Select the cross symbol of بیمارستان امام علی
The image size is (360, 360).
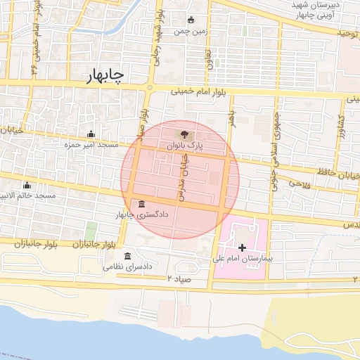coord(243,247)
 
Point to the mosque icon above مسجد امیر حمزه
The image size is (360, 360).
coord(90,134)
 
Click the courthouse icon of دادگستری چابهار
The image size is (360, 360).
coord(143,203)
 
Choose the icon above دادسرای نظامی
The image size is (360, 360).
coord(127,256)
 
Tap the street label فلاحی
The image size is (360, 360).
coord(300,184)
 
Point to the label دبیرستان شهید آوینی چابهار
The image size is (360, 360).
coord(320,10)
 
